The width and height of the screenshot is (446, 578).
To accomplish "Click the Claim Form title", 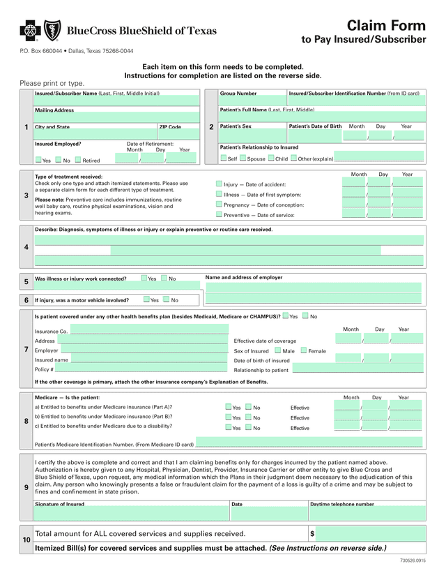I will click(386, 25).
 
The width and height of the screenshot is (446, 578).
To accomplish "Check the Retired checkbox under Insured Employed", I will click(78, 160).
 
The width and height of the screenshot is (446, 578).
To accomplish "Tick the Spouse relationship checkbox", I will click(243, 158).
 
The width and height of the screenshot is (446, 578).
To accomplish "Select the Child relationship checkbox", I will click(270, 158).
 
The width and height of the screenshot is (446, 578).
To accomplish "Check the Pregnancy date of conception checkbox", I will click(219, 205).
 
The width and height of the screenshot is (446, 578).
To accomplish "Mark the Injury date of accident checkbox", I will click(219, 184).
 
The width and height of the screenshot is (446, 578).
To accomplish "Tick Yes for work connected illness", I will click(144, 278).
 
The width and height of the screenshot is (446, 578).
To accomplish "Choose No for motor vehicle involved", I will click(167, 299).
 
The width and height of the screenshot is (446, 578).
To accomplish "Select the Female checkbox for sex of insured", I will click(304, 350).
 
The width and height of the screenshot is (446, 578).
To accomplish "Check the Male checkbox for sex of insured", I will click(278, 350).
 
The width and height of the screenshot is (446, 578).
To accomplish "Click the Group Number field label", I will click(238, 94).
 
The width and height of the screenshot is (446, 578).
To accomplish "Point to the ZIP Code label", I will click(170, 127).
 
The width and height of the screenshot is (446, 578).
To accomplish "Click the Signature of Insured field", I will click(131, 513).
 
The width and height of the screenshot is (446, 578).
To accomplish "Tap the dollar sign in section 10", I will click(312, 533).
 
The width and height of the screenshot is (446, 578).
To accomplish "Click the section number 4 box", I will click(26, 247).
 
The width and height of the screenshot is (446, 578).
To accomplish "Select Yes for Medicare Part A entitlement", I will click(228, 407).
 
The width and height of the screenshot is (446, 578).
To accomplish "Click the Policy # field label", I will click(44, 369).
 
